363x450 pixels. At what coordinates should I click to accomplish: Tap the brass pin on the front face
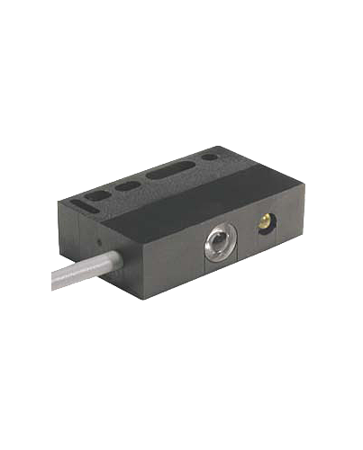264,220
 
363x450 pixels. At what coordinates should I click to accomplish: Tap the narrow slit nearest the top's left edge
81,204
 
